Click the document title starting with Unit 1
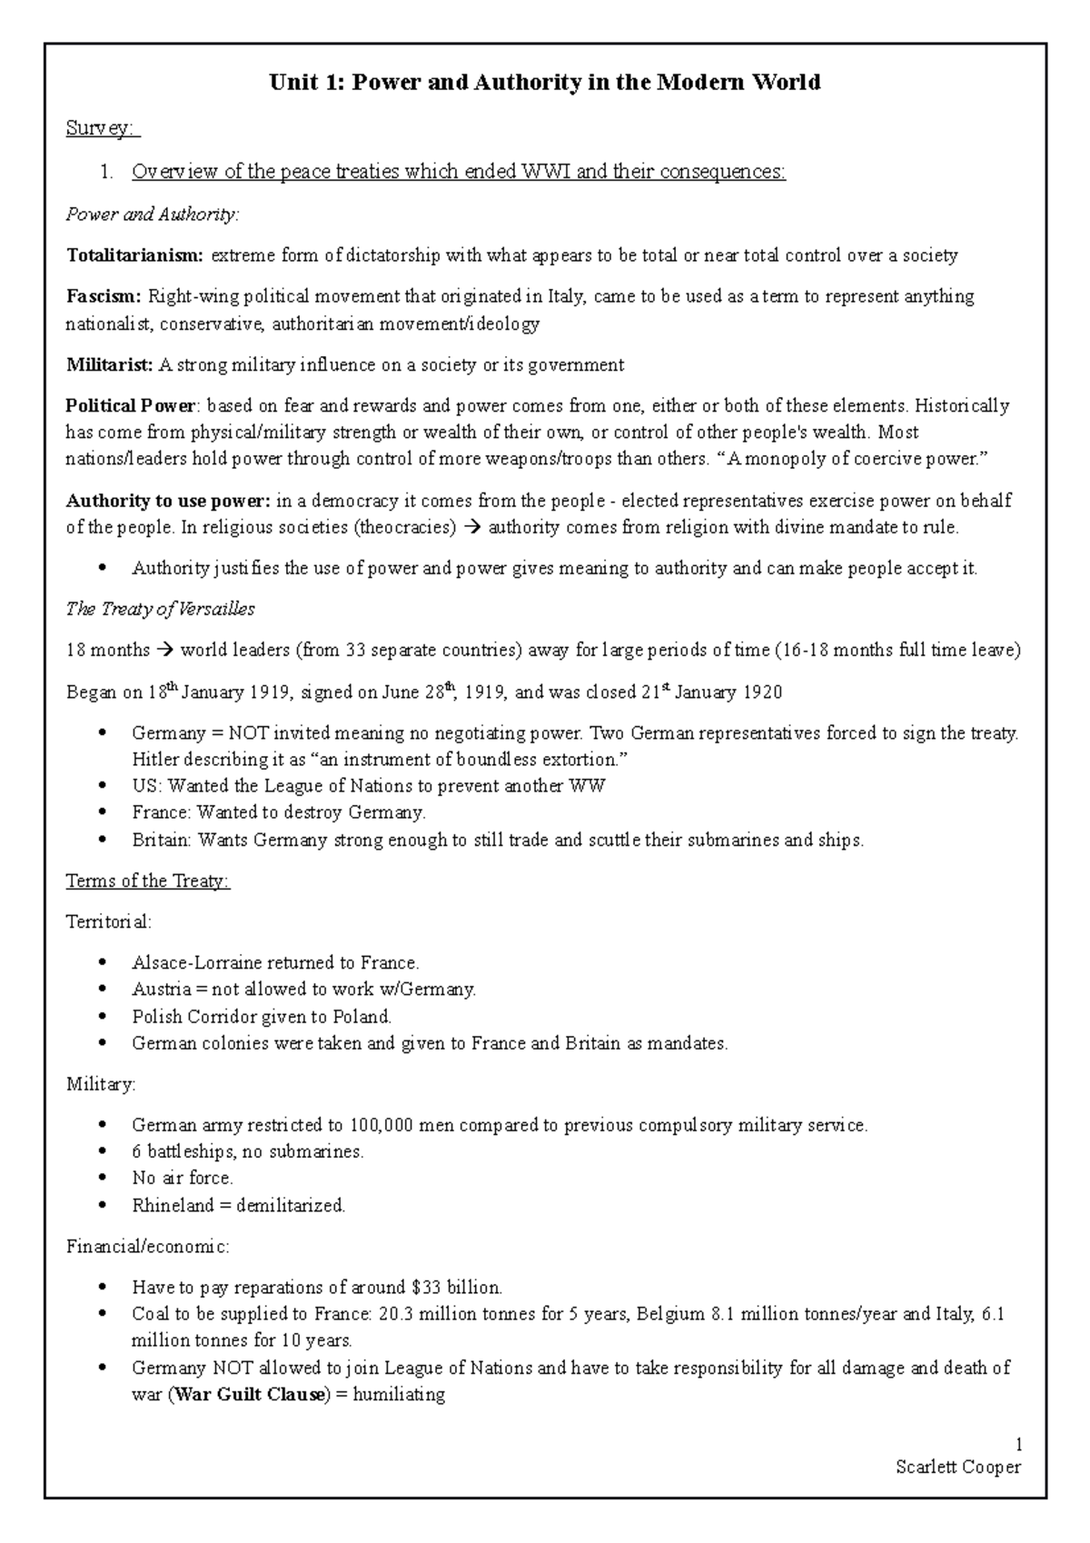pyautogui.click(x=544, y=83)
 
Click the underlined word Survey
pyautogui.click(x=102, y=129)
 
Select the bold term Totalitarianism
pyautogui.click(x=135, y=255)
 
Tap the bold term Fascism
pyautogui.click(x=104, y=296)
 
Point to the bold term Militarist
pyautogui.click(x=110, y=365)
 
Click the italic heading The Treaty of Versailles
pyautogui.click(x=160, y=610)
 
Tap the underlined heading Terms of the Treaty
pyautogui.click(x=148, y=881)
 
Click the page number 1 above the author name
pyautogui.click(x=1019, y=1445)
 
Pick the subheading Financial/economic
pyautogui.click(x=147, y=1247)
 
